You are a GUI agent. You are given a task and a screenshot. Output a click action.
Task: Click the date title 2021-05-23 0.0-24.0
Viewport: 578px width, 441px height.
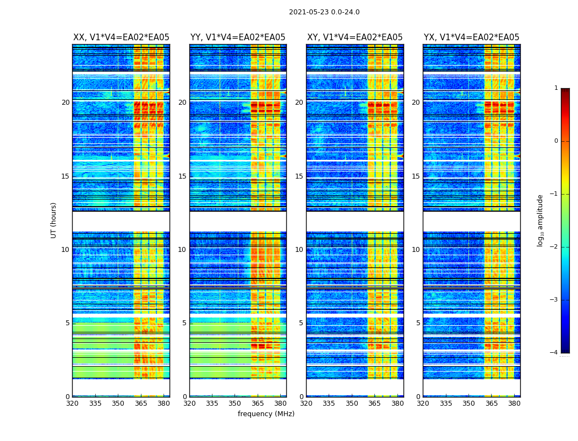[x=324, y=12]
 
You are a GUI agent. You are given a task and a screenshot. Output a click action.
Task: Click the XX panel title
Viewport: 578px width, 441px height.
[x=121, y=37]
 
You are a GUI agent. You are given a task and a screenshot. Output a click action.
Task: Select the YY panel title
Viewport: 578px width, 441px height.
[x=238, y=37]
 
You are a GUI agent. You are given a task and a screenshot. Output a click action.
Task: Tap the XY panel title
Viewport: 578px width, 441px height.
[x=355, y=37]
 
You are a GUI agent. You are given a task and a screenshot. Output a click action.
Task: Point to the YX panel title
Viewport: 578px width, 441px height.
[x=471, y=37]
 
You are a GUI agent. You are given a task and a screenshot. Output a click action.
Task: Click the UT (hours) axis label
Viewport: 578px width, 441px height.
[x=54, y=220]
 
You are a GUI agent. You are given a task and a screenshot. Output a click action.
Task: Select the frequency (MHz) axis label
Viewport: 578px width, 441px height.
[x=266, y=414]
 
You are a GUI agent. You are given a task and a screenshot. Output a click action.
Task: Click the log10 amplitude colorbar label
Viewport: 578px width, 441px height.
[x=540, y=220]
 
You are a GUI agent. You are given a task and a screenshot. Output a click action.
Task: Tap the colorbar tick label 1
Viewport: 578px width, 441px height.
[x=556, y=88]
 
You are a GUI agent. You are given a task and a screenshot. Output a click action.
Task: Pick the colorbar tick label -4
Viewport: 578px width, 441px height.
[x=554, y=353]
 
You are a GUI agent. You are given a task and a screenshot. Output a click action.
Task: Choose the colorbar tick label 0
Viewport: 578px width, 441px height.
[x=556, y=141]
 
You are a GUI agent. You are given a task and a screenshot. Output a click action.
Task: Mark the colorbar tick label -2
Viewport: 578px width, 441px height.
[x=554, y=247]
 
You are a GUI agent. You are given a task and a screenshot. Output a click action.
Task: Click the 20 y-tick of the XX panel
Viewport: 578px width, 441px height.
[x=66, y=103]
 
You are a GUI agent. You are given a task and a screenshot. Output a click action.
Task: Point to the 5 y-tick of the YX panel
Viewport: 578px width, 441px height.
[x=418, y=323]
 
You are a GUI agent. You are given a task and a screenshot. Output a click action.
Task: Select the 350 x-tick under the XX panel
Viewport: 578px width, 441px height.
[x=118, y=404]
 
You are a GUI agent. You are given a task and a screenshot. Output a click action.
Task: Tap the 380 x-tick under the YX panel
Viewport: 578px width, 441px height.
[x=514, y=404]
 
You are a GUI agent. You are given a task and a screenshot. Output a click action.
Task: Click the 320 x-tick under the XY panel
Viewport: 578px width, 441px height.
[x=306, y=404]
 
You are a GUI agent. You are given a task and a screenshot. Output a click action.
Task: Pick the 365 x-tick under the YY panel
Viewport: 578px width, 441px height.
[x=258, y=404]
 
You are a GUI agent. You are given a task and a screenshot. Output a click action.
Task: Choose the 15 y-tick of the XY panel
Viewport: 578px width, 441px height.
[x=299, y=176]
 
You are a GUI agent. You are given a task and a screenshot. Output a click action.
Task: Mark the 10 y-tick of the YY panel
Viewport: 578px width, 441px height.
[x=182, y=250]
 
